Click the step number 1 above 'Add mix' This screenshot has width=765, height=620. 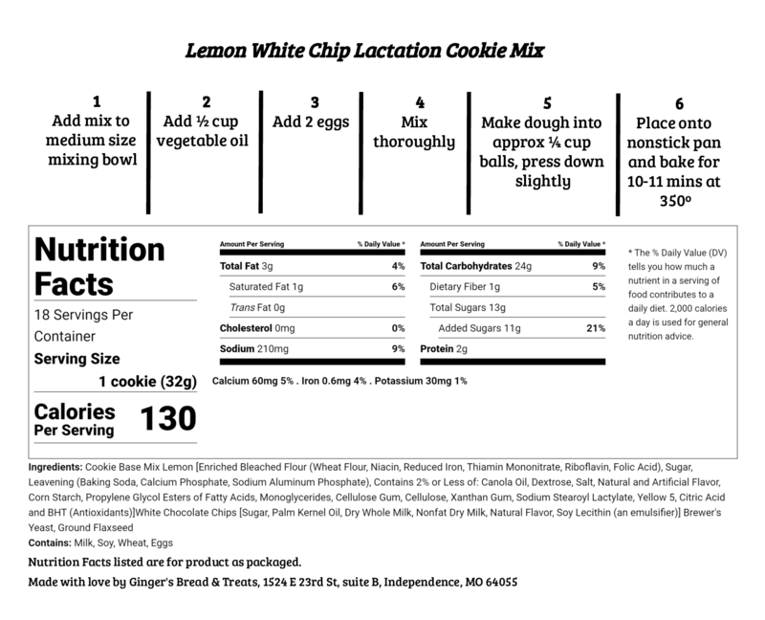point(95,100)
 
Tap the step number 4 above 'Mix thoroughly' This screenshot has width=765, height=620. point(420,100)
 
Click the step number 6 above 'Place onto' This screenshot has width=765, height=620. point(680,104)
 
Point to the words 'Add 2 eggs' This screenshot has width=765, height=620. point(312,122)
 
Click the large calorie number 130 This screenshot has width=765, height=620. point(168,418)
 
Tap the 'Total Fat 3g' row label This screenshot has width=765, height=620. point(247,265)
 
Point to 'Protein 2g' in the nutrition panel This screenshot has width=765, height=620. point(443,349)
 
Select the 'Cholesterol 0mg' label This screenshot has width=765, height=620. point(257,328)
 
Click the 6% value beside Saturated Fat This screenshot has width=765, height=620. point(398,286)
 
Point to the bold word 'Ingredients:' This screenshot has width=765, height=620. point(56,466)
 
